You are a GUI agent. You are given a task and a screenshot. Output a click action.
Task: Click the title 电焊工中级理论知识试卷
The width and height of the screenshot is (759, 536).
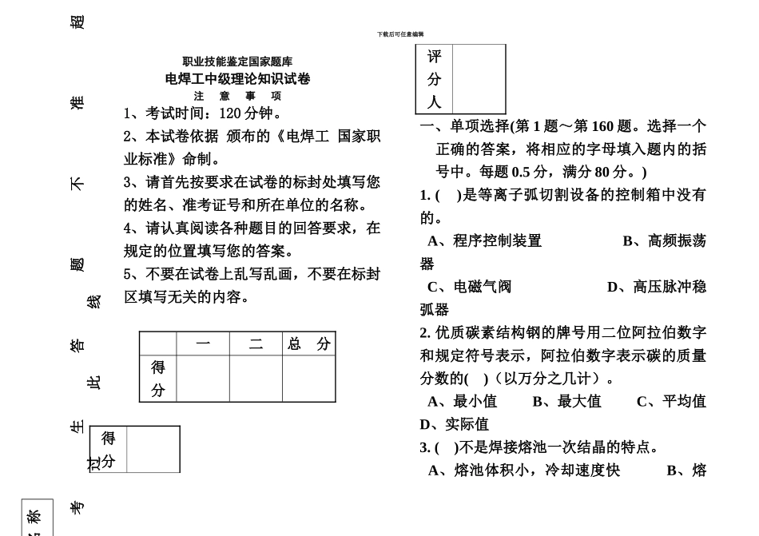[237, 78]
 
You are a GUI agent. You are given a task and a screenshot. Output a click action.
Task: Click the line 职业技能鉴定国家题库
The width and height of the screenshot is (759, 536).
[237, 62]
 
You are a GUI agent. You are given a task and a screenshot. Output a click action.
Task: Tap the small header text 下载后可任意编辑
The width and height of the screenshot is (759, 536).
[400, 34]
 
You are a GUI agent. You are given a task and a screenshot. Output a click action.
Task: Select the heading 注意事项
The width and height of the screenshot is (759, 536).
[237, 95]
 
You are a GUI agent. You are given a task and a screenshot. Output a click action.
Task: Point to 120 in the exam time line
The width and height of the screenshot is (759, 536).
[230, 113]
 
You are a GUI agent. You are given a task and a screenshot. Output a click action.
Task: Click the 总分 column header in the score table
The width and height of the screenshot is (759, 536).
[308, 344]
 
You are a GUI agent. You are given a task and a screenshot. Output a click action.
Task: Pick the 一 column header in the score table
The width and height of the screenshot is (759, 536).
[203, 344]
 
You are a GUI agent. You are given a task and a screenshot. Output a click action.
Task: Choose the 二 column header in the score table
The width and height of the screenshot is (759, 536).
[256, 344]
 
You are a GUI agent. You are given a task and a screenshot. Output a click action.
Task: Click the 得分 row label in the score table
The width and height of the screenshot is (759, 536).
[158, 379]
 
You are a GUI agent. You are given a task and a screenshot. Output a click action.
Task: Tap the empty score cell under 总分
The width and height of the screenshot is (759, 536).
[308, 379]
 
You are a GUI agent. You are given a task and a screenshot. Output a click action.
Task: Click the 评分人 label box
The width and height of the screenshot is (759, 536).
[434, 79]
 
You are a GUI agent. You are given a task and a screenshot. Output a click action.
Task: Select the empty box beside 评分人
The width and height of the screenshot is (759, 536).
[479, 79]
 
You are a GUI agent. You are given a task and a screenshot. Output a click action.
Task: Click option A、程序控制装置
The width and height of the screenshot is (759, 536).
[484, 240]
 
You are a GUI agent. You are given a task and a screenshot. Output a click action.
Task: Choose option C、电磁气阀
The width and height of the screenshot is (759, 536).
[469, 287]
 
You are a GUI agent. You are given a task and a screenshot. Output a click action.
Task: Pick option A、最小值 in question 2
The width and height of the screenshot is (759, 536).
[462, 401]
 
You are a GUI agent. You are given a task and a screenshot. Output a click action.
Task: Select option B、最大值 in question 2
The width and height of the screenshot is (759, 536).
[566, 401]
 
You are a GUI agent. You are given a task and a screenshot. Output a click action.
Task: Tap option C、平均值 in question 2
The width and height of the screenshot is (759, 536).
[671, 401]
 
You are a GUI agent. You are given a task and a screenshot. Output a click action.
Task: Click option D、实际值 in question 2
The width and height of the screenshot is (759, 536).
[454, 424]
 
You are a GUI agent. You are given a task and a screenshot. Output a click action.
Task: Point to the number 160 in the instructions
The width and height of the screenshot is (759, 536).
[602, 126]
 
